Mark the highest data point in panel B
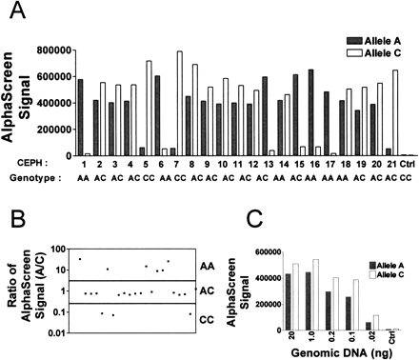coord(80,232)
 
